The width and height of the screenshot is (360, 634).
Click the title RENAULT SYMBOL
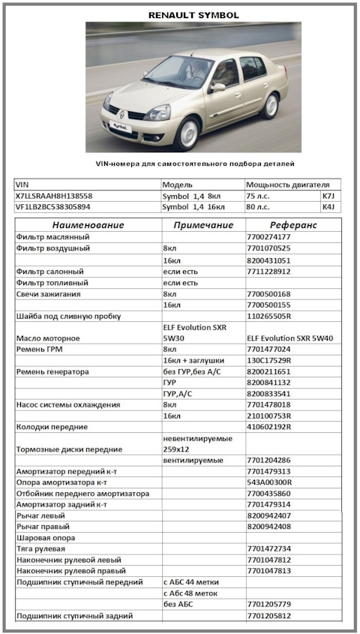click(x=193, y=14)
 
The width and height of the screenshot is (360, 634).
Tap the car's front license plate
click(x=116, y=128)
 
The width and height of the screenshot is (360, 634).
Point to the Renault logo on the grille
click(x=121, y=115)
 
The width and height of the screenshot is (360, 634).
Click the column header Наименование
click(x=88, y=225)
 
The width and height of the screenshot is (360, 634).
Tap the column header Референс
click(x=292, y=225)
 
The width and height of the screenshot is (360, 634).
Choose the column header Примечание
click(x=203, y=225)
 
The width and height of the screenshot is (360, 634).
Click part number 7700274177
click(x=268, y=237)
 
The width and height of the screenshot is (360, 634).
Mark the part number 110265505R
click(x=269, y=316)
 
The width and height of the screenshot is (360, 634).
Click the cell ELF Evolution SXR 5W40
click(x=289, y=338)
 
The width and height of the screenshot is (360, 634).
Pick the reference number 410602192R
click(x=269, y=427)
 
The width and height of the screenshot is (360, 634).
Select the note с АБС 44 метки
click(x=196, y=582)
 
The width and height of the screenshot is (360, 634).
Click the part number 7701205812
click(x=268, y=616)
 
